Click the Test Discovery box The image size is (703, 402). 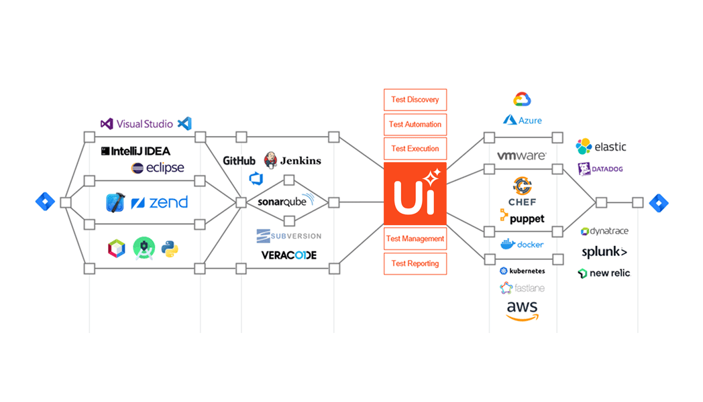point(415,100)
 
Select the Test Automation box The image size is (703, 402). point(415,125)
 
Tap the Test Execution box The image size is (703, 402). point(415,149)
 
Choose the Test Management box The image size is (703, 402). point(415,239)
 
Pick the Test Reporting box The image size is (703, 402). point(415,263)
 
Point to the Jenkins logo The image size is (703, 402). point(292,160)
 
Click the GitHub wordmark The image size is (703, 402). point(239,161)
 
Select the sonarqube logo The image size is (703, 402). point(286,202)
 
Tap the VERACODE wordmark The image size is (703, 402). point(289,255)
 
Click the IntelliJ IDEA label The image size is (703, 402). point(136,151)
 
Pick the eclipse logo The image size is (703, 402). point(158,168)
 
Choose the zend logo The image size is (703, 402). point(160,202)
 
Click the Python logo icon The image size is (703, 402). point(169,249)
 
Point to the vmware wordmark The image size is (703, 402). point(521,155)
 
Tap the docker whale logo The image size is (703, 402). point(522,244)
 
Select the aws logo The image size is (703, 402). point(522,310)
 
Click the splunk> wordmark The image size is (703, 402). point(604,253)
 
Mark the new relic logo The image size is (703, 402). point(604,273)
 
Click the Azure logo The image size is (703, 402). point(522,120)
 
